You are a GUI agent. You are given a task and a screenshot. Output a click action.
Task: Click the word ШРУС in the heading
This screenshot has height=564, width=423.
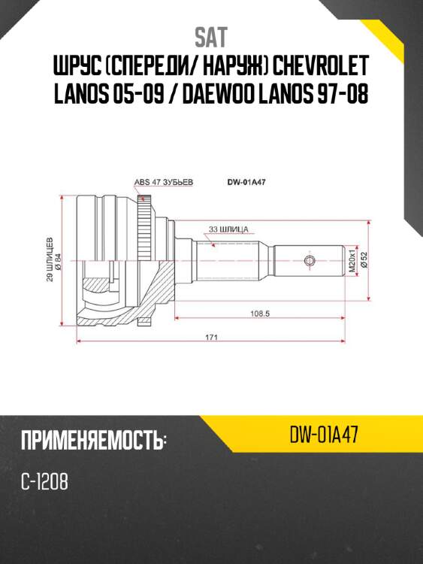pos(83,66)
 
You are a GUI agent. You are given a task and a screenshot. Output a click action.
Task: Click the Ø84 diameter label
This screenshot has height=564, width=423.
pos(59,259)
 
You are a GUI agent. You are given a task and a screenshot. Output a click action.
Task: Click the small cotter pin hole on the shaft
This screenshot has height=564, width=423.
pos(309,260)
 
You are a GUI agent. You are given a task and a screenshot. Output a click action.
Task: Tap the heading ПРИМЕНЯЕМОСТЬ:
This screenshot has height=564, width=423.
pos(93,440)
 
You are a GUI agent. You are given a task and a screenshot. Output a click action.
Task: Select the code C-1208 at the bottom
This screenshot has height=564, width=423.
pos(45,482)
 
